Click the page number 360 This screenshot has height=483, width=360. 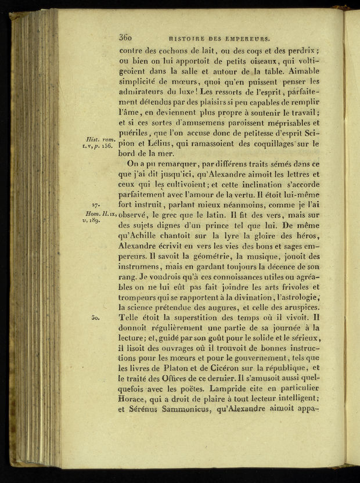point(125,38)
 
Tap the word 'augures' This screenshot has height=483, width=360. point(234,307)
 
